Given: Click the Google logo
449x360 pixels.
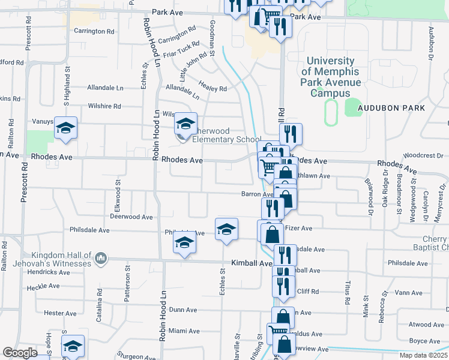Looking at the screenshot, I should tap(20, 353).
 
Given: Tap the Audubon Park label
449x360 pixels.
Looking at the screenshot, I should tap(391, 108).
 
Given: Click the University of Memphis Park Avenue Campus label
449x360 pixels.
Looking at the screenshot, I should tap(331, 77).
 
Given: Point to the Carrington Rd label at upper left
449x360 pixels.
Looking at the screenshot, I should tap(94, 31).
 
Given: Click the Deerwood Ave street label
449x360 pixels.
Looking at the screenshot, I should tap(133, 217).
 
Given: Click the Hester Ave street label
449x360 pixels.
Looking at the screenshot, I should tap(61, 313).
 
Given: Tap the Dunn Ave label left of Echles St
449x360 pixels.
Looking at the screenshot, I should tap(184, 310).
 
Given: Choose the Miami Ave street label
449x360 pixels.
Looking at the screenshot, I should tap(184, 331).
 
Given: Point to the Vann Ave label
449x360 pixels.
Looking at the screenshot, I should tap(410, 293).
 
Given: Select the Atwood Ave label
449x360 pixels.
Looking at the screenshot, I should tap(427, 325).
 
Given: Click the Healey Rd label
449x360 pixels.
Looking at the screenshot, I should tap(214, 89).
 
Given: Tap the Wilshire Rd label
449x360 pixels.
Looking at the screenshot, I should tap(104, 106).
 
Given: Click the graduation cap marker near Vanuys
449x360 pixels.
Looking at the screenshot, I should tap(66, 128).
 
